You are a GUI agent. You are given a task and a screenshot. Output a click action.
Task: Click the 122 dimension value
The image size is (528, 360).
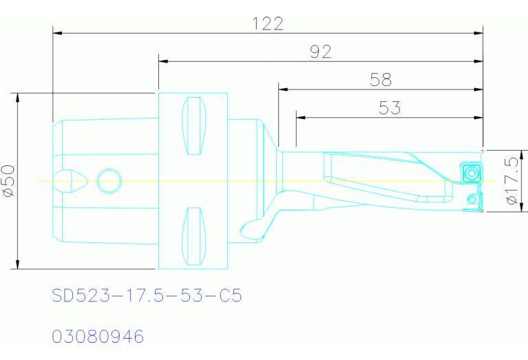click(268, 23)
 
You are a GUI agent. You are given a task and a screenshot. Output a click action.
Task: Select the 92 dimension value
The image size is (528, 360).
click(320, 52)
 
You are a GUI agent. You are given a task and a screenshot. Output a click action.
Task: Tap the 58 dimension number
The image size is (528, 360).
click(381, 80)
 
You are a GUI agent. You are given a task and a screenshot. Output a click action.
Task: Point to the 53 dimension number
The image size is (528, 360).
click(389, 108)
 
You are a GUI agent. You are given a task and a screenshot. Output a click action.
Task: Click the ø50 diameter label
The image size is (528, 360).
click(9, 181)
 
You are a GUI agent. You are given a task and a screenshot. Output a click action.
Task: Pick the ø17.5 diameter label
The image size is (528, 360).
click(511, 181)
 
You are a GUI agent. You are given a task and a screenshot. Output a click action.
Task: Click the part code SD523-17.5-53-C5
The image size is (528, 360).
click(147, 296)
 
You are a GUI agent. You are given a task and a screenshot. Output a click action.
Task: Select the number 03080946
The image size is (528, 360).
click(98, 337)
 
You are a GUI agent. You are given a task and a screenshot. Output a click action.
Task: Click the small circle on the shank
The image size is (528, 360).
click(109, 181)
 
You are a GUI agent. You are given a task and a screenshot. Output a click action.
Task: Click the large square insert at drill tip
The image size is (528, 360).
click(472, 172)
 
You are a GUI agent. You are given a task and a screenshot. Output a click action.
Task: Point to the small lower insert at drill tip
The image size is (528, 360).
click(472, 200)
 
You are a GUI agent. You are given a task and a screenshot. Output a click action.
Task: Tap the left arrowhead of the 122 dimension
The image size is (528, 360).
click(58, 32)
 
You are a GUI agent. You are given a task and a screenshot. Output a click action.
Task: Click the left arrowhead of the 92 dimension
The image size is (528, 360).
click(163, 61)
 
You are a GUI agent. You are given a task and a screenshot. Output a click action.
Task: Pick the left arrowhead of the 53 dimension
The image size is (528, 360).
click(300, 117)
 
